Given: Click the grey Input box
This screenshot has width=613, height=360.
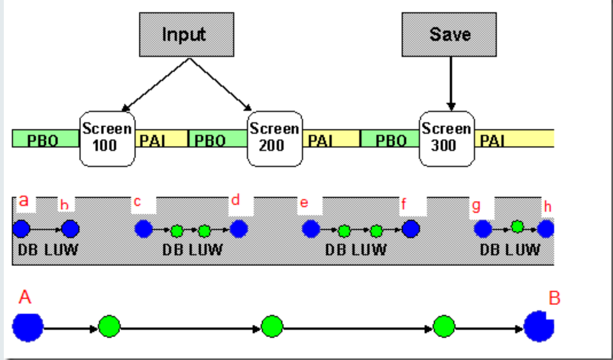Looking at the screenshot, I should [185, 34].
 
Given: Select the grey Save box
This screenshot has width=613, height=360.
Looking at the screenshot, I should [449, 34].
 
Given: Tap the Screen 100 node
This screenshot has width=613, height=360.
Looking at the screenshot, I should [107, 138].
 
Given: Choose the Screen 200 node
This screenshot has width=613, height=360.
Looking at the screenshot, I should [275, 138].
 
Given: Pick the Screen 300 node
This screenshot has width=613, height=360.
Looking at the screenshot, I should [447, 138].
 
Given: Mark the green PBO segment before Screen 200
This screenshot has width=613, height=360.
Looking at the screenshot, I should [217, 140].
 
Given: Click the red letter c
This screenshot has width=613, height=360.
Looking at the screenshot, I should [138, 202].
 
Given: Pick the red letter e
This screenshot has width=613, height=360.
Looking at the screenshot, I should [304, 203].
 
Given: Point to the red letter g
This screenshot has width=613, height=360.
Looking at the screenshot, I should [477, 206].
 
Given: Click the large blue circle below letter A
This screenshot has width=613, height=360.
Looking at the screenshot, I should [28, 327].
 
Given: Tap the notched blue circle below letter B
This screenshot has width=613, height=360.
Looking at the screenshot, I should [539, 326].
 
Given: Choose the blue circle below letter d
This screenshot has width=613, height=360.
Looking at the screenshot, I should [238, 229].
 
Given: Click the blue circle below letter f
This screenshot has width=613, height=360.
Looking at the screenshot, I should [410, 229].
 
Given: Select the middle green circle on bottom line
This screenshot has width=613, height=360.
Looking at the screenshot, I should [272, 327].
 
